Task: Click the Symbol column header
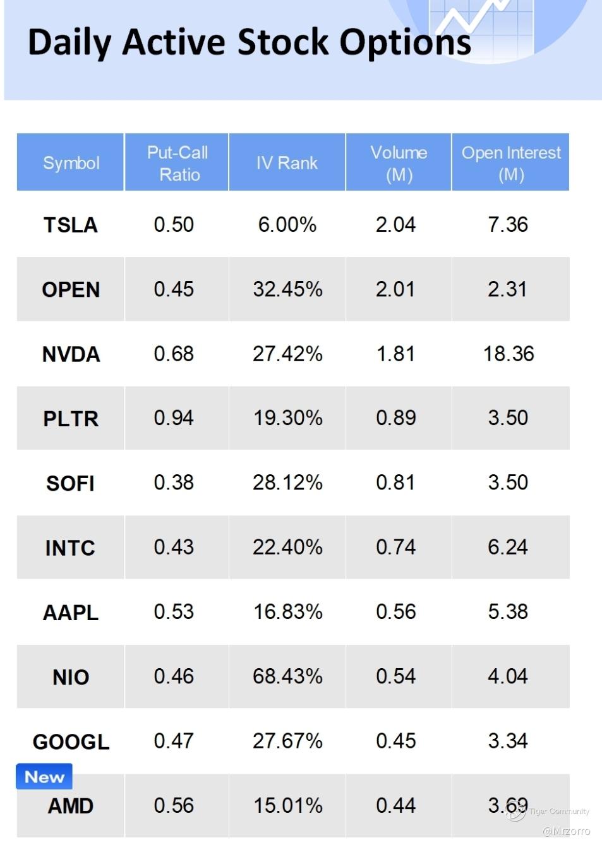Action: point(71,163)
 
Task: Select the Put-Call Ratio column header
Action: point(178,163)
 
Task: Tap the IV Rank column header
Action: point(287,163)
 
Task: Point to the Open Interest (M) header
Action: point(510,163)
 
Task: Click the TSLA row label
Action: point(71,225)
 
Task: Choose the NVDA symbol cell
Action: point(71,354)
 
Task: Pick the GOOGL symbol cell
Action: point(71,741)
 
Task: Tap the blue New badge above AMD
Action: point(44,777)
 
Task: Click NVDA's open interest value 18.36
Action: point(509,354)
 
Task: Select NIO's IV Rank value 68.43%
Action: point(287,676)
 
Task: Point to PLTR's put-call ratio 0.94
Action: point(174,418)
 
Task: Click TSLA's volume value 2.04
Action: point(395,224)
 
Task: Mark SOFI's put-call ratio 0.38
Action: point(174,482)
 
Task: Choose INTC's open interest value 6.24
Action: point(507,547)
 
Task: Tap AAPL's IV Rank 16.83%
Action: point(287,611)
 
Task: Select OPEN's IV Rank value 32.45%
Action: point(287,289)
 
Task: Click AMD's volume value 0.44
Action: point(395,805)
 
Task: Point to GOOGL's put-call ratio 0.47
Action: point(174,741)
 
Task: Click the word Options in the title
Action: point(405,43)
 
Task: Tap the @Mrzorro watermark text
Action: point(566,831)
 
